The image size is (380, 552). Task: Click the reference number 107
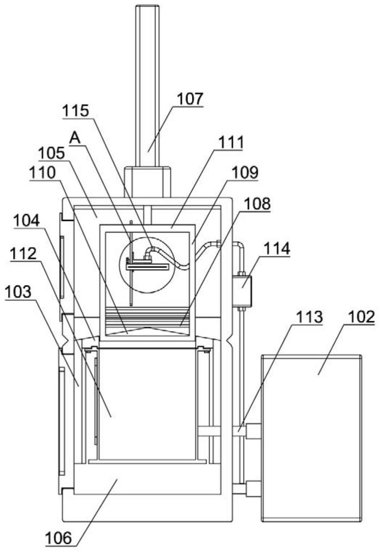pyautogui.click(x=190, y=99)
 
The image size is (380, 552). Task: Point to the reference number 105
pyautogui.click(x=51, y=153)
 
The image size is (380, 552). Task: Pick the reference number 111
pyautogui.click(x=230, y=142)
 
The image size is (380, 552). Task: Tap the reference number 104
pyautogui.click(x=27, y=221)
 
